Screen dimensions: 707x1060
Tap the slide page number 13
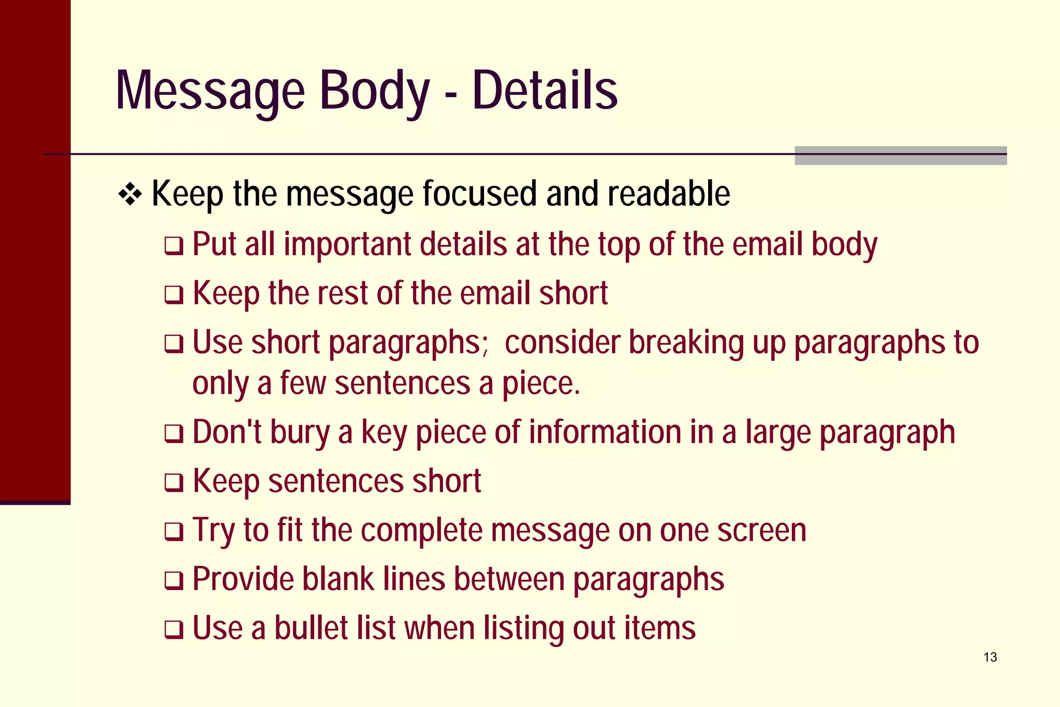coord(990,657)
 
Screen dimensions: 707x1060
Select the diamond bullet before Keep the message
coord(130,195)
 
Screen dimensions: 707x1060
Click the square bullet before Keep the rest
coord(174,295)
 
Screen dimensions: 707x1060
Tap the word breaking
coord(685,343)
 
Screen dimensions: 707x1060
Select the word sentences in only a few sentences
coord(402,384)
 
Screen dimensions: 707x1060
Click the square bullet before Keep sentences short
coord(174,483)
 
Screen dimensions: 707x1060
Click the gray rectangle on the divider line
coord(901,156)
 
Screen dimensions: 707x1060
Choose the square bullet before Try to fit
coord(174,532)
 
